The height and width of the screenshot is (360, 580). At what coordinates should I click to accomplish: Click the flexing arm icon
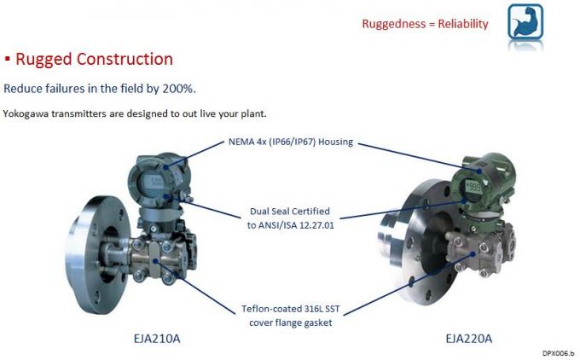pos(525,21)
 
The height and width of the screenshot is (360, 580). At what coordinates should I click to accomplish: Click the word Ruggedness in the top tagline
pos(393,24)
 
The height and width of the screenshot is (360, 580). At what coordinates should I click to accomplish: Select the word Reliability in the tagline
pos(463,24)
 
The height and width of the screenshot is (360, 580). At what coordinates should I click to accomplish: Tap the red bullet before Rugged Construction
pos(8,59)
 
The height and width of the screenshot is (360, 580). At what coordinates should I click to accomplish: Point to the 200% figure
pos(178,89)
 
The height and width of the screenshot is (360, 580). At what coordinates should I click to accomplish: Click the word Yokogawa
pos(26,113)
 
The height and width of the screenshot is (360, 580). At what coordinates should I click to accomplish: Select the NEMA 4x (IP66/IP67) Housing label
pos(291,142)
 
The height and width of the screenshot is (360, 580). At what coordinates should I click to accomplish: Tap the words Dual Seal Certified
pos(290,212)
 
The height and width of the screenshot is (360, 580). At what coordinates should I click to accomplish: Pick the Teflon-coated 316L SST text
pos(290,309)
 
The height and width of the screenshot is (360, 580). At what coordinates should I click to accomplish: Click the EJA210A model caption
pos(157,339)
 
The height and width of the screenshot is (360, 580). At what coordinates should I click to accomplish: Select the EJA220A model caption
pos(468,339)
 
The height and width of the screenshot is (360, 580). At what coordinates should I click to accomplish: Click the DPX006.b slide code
pos(559,353)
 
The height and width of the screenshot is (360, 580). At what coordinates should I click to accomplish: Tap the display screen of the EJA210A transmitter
pos(152,183)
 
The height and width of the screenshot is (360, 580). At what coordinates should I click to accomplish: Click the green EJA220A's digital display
pos(473,186)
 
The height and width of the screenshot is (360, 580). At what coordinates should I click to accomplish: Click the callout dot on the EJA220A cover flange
pos(473,254)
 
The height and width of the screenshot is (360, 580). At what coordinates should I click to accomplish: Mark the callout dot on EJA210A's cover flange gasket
pos(156,261)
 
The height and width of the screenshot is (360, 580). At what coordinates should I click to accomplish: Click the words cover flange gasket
pos(290,322)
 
